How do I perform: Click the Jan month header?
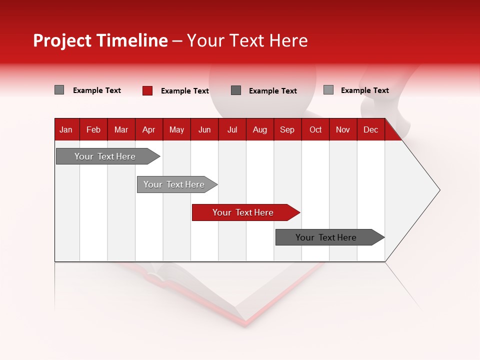(66, 129)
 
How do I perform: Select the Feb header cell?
(93, 129)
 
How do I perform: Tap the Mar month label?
(121, 129)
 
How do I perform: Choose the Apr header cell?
(149, 129)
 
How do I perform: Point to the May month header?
(176, 129)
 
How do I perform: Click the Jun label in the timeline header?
(204, 129)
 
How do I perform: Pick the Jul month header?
(232, 129)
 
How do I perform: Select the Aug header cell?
(260, 129)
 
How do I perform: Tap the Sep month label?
(287, 129)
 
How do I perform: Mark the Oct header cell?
(315, 129)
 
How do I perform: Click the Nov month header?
(343, 129)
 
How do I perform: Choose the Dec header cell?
(371, 129)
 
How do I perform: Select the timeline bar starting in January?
(105, 156)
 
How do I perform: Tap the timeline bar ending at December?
(326, 237)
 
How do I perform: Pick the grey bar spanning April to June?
(174, 184)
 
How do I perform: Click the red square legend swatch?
(147, 90)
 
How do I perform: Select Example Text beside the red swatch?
(185, 91)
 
